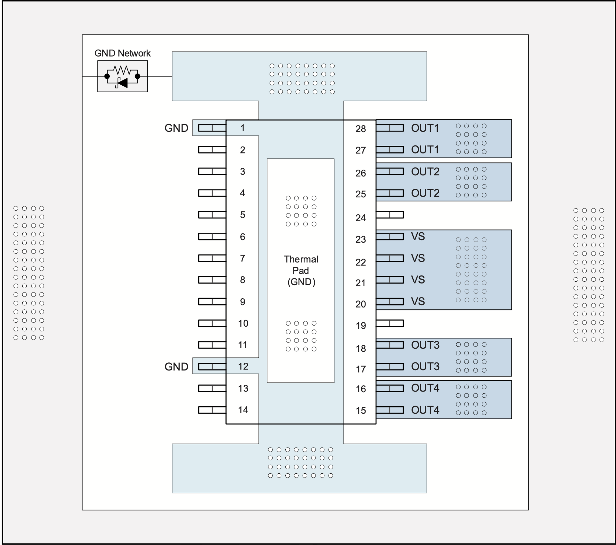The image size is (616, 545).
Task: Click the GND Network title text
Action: click(x=122, y=53)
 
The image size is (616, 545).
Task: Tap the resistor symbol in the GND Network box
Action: click(x=122, y=70)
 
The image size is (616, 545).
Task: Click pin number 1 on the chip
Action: click(x=242, y=128)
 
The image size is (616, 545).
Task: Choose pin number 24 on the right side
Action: click(x=361, y=218)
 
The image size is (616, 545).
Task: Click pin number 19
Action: click(x=361, y=326)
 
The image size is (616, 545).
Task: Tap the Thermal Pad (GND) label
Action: click(x=301, y=270)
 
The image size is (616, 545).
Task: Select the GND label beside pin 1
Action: click(x=176, y=128)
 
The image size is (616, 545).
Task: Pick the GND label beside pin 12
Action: click(x=176, y=366)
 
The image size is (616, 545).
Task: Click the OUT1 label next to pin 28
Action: click(x=425, y=128)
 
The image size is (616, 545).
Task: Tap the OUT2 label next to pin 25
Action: click(x=425, y=193)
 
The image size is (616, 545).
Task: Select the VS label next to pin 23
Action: click(x=418, y=236)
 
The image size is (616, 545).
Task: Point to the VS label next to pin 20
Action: click(x=418, y=301)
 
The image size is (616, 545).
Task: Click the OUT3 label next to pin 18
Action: click(x=425, y=345)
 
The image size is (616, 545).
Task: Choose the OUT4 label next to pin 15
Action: click(x=425, y=410)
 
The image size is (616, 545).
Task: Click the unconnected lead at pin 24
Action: click(x=390, y=215)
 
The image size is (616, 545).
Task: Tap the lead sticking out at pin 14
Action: click(x=212, y=410)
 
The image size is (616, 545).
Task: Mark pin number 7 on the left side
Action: click(x=242, y=258)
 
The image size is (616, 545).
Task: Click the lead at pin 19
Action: click(x=390, y=323)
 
